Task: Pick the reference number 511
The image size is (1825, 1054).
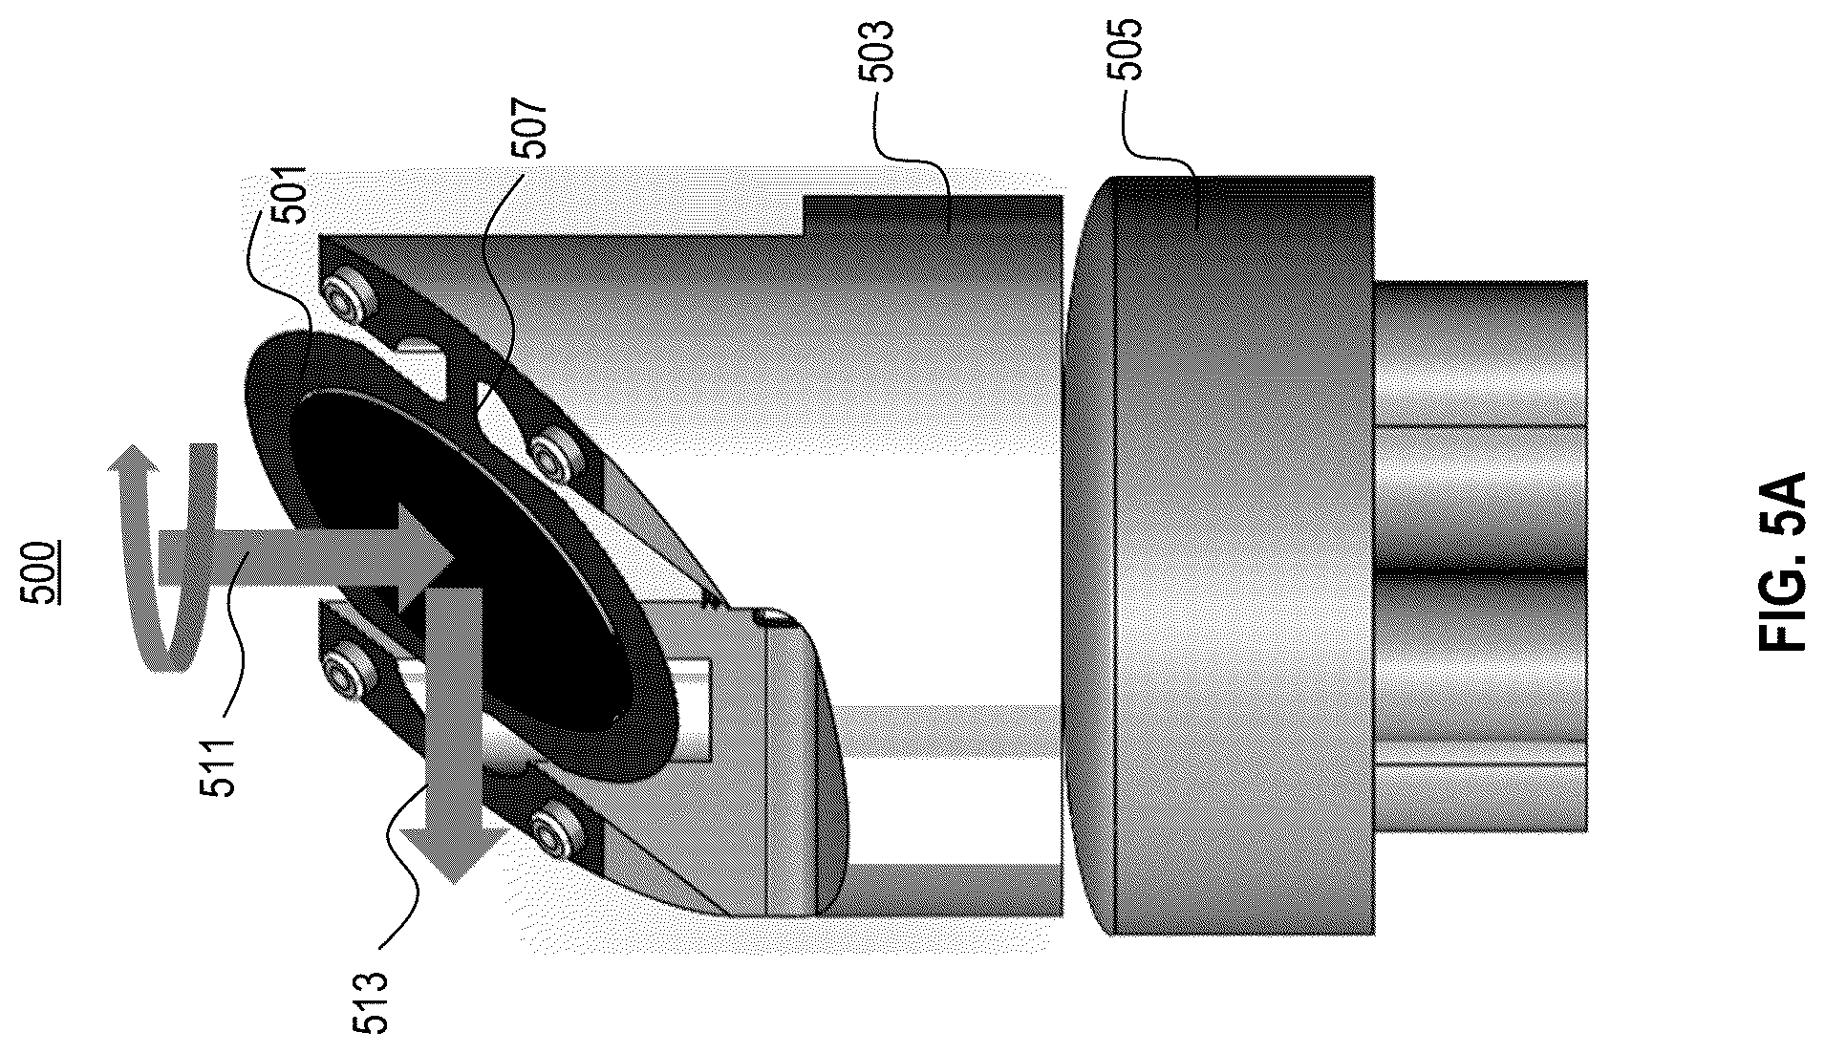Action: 220,764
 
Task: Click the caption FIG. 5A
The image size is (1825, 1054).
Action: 1780,561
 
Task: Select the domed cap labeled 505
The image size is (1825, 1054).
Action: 1218,555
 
